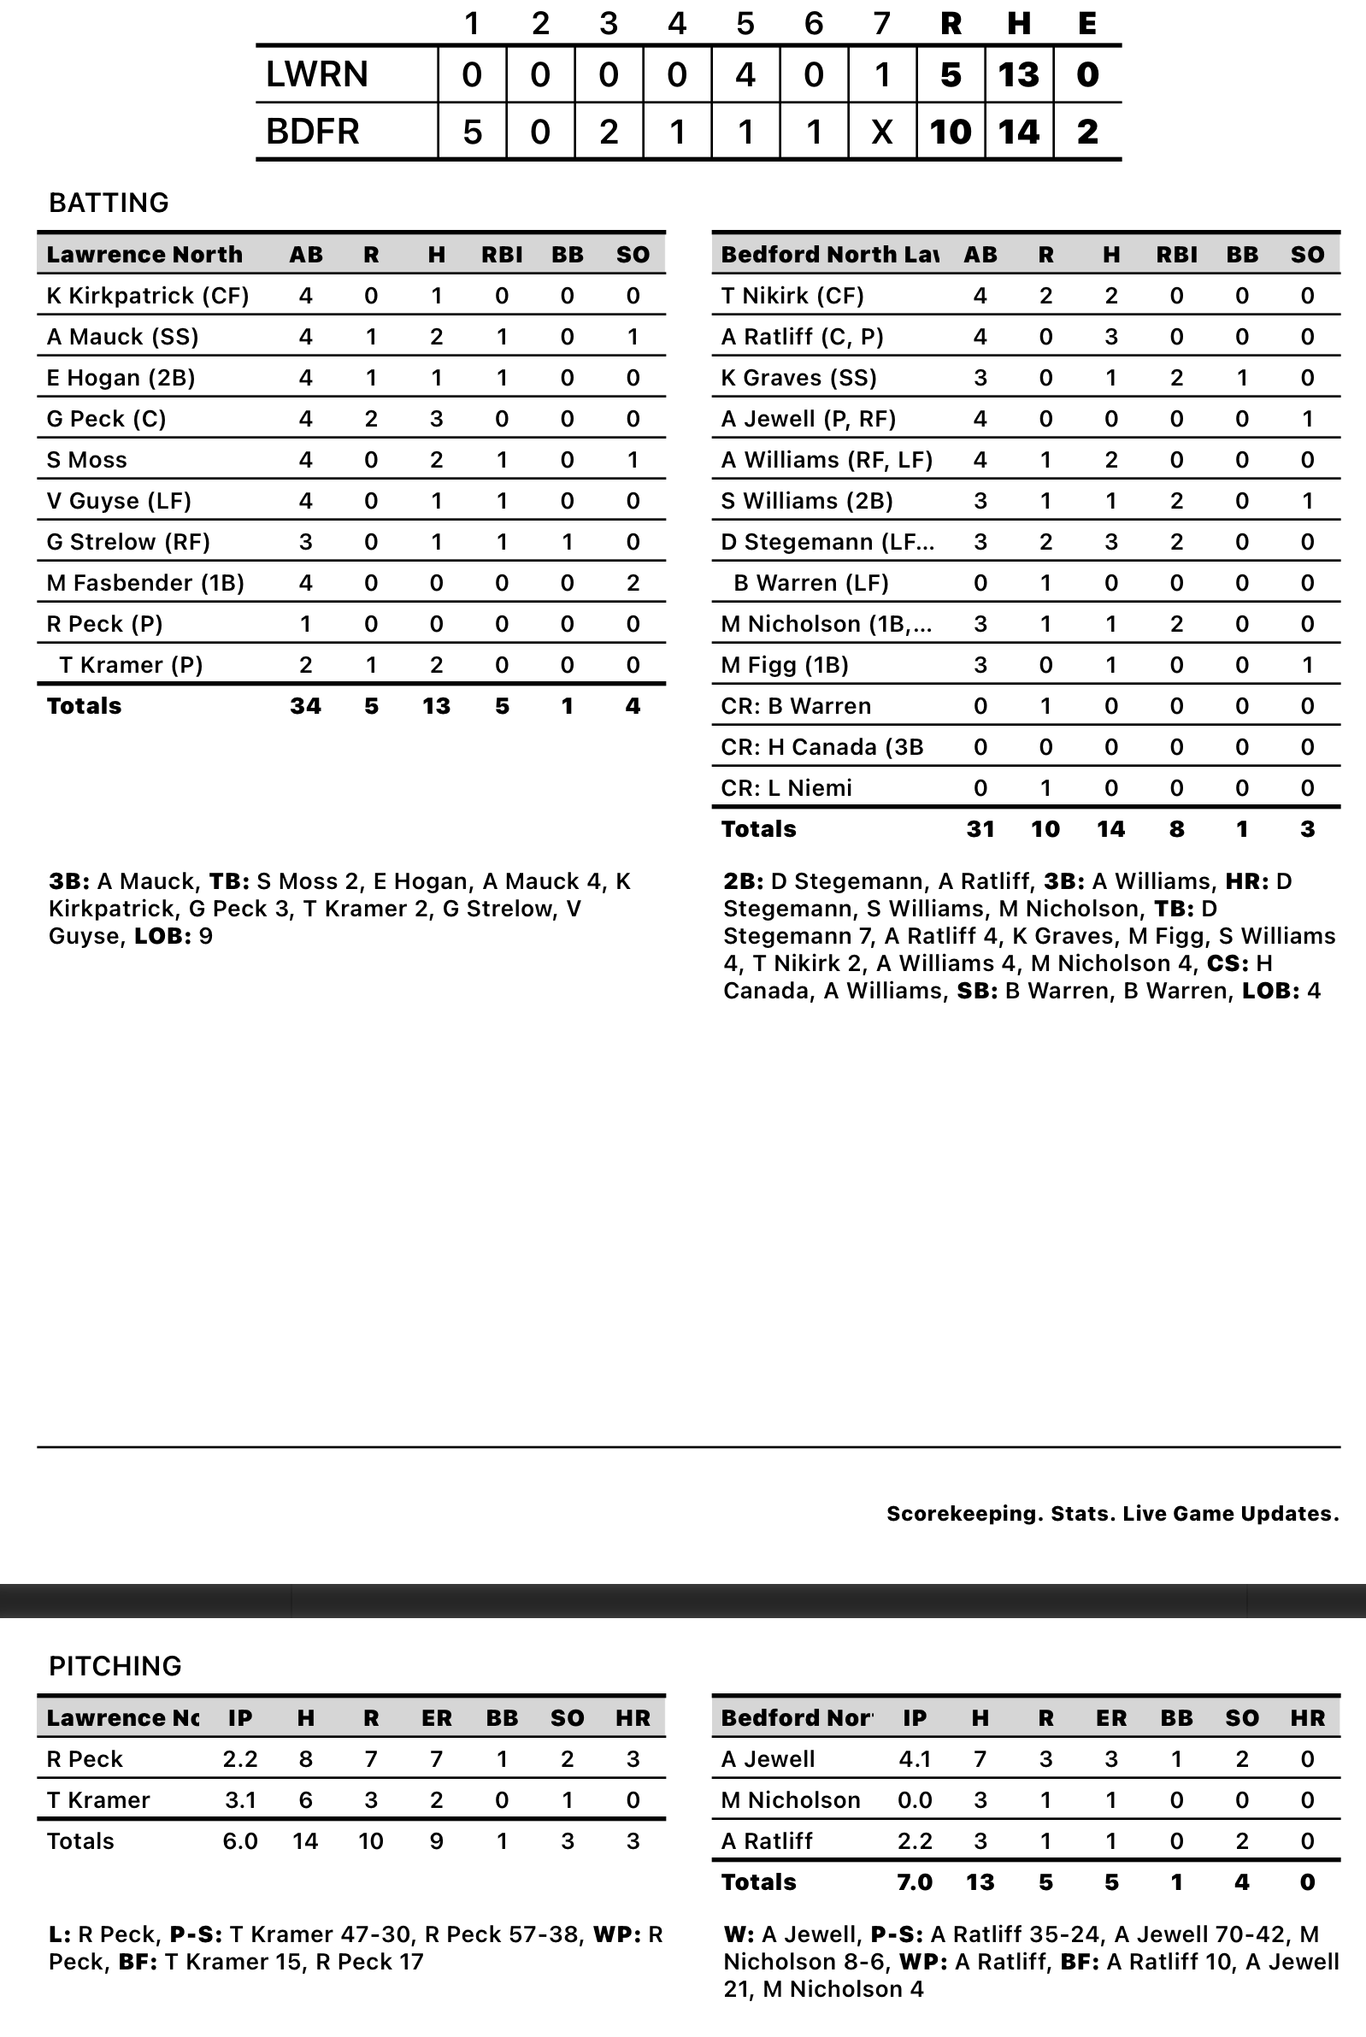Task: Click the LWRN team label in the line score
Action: (316, 75)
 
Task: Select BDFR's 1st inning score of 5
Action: (471, 132)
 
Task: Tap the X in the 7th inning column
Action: (881, 132)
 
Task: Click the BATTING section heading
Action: (109, 202)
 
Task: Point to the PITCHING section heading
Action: (115, 1665)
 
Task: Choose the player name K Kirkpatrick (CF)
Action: (147, 295)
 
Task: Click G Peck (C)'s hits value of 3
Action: (437, 419)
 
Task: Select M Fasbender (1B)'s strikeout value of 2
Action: (633, 583)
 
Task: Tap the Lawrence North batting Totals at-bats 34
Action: (306, 705)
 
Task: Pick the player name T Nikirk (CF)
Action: (792, 295)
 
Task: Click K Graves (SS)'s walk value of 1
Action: (1241, 378)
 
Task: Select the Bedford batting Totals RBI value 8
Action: (1176, 829)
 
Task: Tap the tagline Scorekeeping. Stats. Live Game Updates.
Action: (1112, 1514)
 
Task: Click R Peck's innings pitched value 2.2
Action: (239, 1759)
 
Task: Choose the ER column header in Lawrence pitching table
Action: (437, 1718)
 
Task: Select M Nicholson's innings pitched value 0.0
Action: (915, 1800)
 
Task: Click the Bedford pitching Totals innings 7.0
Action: (915, 1882)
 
